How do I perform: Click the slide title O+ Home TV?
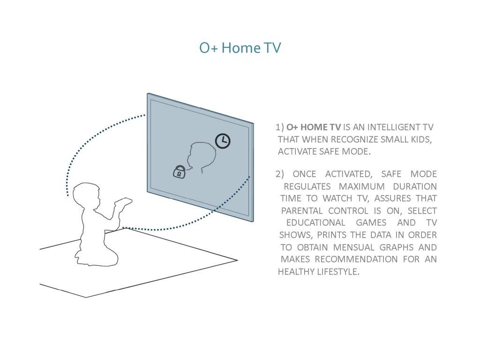pos(240,48)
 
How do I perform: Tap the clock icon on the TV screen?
pos(223,141)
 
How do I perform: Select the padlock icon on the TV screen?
pos(180,172)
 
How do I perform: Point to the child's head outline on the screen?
pos(202,157)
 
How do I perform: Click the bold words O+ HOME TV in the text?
pos(314,127)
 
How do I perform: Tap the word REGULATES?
pos(307,187)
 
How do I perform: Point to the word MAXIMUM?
pos(361,187)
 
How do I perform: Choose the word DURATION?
pos(415,187)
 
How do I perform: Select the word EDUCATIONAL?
pos(315,223)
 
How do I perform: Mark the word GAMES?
pos(371,223)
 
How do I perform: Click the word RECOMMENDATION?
pos(356,259)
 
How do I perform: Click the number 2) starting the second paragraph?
pos(280,174)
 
